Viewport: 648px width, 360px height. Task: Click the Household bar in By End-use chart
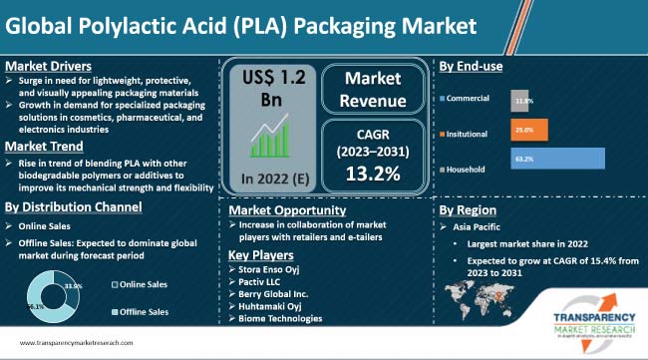click(557, 159)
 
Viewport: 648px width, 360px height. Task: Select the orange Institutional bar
click(522, 130)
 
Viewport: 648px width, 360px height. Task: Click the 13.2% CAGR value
click(373, 175)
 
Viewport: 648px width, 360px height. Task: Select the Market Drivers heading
click(45, 66)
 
